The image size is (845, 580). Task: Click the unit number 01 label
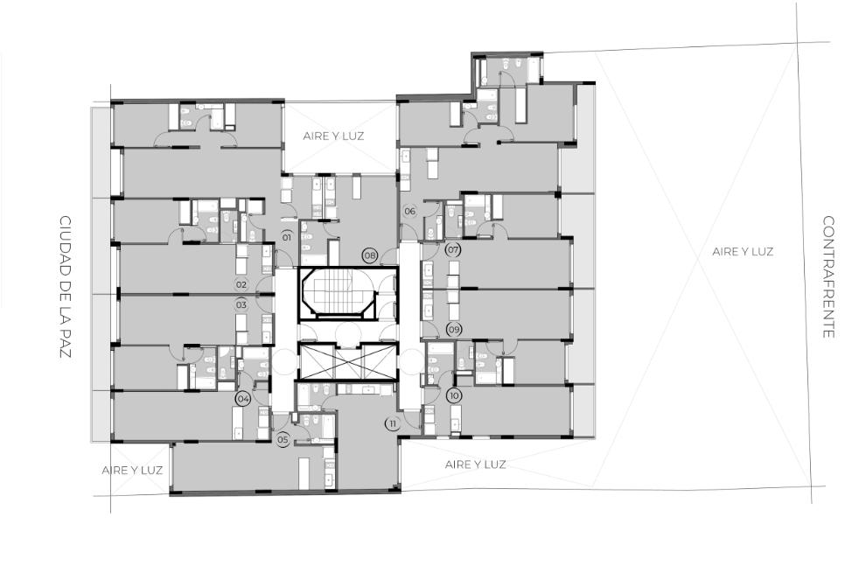287,237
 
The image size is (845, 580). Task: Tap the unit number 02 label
241,284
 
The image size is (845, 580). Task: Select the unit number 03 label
241,304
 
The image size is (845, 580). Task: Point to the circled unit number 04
243,399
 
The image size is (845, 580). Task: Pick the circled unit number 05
283,440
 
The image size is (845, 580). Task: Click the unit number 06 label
409,211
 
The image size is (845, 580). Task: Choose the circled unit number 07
453,249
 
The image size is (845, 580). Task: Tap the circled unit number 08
370,255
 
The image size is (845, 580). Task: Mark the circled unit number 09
454,329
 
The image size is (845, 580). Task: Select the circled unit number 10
454,395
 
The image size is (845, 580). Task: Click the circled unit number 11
393,423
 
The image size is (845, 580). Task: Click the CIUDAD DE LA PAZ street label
66,287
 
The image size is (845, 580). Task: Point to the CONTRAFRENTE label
828,277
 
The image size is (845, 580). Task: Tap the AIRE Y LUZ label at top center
333,136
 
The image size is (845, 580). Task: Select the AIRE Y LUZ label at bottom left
132,470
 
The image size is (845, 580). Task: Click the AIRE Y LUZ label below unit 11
475,465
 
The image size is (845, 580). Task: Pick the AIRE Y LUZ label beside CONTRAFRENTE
743,251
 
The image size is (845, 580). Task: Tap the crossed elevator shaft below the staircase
347,361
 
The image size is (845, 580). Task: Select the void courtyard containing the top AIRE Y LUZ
340,137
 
